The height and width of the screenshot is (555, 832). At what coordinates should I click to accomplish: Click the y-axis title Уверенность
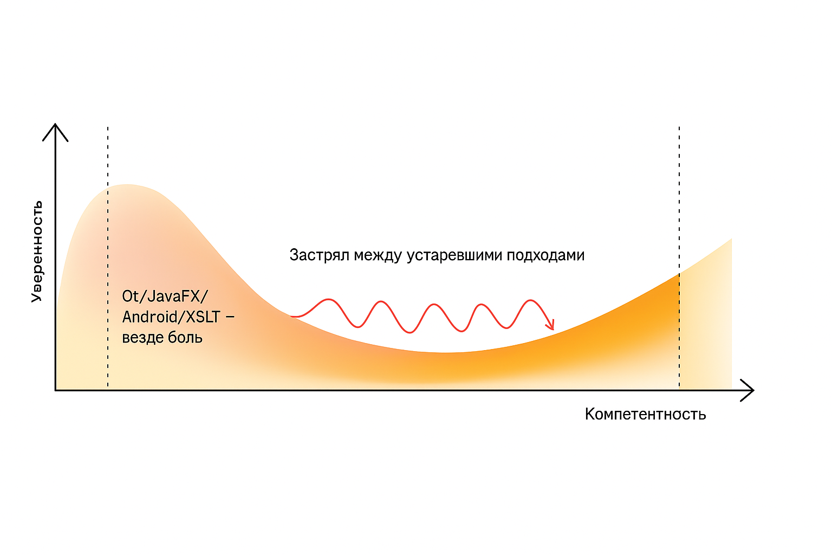click(36, 251)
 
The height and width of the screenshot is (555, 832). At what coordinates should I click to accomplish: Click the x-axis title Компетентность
click(645, 414)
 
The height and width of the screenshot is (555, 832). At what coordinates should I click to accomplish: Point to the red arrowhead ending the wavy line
click(551, 325)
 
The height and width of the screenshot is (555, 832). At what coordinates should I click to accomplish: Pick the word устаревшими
click(454, 255)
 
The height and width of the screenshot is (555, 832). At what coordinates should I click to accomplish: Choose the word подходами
click(545, 255)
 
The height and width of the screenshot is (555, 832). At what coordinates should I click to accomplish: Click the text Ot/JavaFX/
click(165, 296)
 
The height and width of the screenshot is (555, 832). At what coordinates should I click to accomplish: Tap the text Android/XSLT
click(171, 317)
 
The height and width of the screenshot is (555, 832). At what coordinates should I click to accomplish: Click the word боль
click(185, 337)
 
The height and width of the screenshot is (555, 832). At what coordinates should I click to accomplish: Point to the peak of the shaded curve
click(127, 185)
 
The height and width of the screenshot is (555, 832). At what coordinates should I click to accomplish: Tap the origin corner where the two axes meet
click(55, 390)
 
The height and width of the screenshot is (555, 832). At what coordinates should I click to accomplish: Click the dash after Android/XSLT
click(230, 317)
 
